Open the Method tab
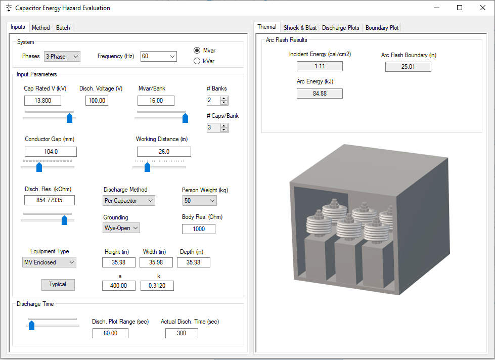click(x=41, y=27)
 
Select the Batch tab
click(x=63, y=27)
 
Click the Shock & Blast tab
click(x=300, y=27)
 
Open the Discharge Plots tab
click(x=340, y=27)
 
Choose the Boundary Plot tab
click(x=382, y=27)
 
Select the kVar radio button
click(x=197, y=61)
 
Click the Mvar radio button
click(x=197, y=51)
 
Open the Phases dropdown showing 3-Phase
click(x=62, y=57)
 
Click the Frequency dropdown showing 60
click(x=158, y=57)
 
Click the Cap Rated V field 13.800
click(x=42, y=101)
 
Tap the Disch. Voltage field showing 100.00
click(x=97, y=101)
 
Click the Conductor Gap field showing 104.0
click(x=51, y=152)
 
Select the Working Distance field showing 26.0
click(x=164, y=152)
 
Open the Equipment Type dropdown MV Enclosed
click(x=50, y=262)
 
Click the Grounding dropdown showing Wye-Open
click(x=121, y=228)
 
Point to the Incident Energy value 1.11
click(x=320, y=66)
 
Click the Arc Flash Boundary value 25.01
click(x=408, y=67)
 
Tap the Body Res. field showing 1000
click(x=199, y=229)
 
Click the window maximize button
click(x=460, y=8)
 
